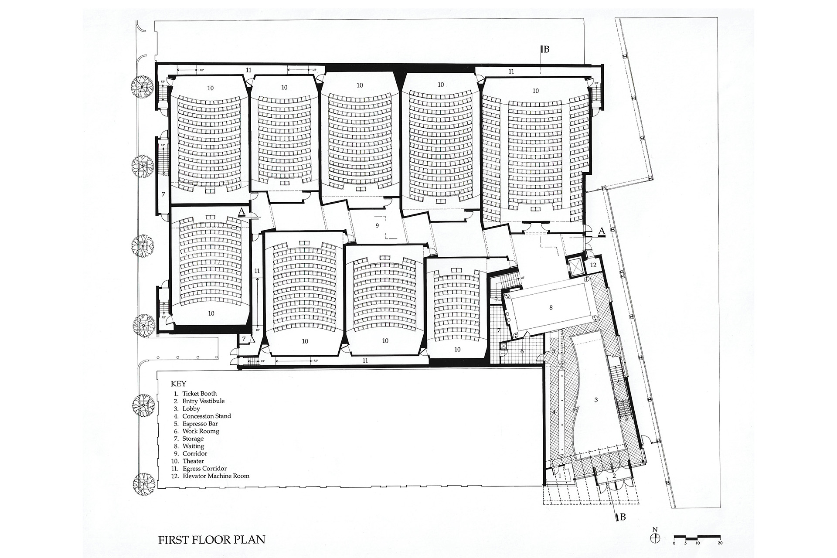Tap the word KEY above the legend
coord(178,384)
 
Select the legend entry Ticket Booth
coord(199,394)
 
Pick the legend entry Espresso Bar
coord(200,424)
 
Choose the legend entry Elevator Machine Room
coord(215,476)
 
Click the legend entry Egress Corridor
coord(204,469)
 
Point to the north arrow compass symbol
coord(655,538)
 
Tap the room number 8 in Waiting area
coord(551,308)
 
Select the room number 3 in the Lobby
coord(595,400)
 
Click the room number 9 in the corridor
coord(378,225)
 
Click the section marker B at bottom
coord(623,517)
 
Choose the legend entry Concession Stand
coord(206,416)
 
